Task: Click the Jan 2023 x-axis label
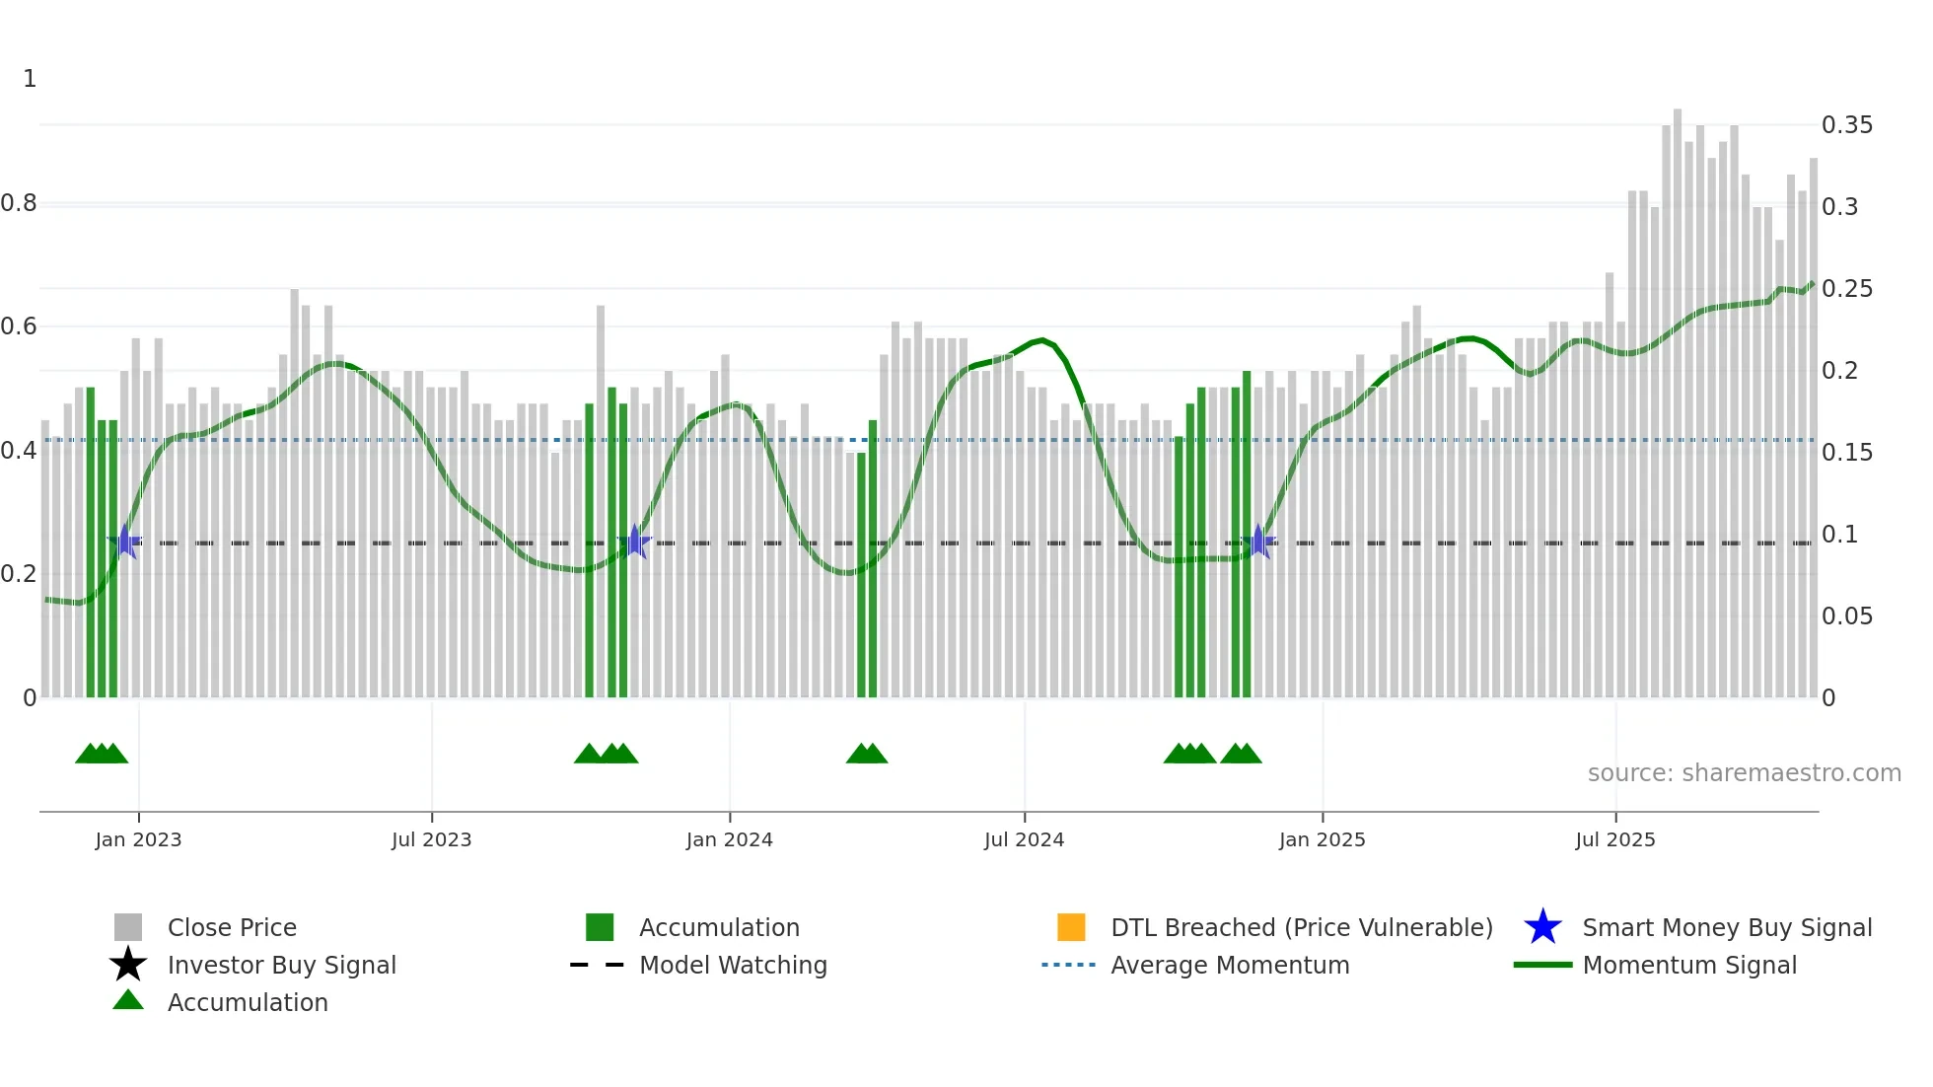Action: point(138,839)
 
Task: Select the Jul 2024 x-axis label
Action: point(1024,839)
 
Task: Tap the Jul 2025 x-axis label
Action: point(1614,839)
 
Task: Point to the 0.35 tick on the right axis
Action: point(1846,125)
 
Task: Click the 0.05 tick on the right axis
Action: point(1846,616)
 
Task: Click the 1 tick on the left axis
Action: point(30,79)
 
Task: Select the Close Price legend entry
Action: point(232,927)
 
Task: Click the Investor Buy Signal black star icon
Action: point(128,965)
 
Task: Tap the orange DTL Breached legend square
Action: point(1071,927)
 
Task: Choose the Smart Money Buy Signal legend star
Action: point(1542,927)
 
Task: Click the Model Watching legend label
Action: point(733,965)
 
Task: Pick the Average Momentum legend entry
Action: point(1229,965)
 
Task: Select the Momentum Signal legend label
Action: point(1689,965)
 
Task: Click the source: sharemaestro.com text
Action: point(1744,773)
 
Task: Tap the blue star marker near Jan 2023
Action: point(125,542)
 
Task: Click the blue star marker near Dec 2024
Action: point(1257,542)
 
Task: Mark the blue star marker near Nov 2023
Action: point(635,542)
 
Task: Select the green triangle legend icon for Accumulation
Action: point(128,1000)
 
